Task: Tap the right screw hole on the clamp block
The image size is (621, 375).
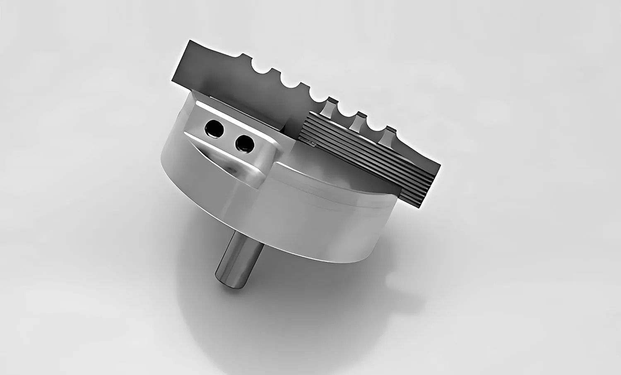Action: click(x=244, y=143)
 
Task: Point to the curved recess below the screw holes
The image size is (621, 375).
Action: click(x=224, y=161)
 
